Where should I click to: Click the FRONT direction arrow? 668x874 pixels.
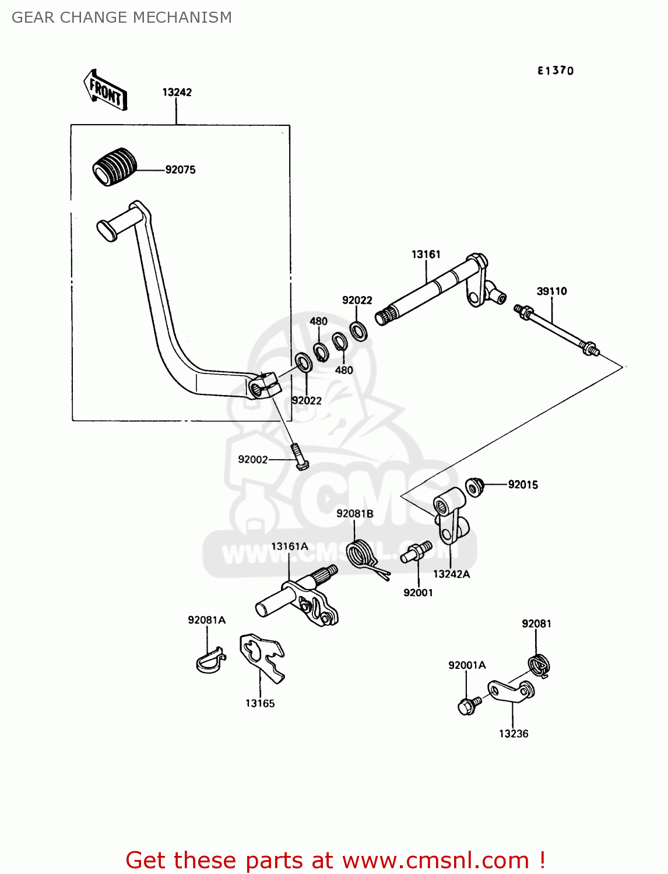pos(106,90)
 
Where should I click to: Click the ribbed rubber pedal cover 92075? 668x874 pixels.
pos(114,167)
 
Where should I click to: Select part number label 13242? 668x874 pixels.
pos(177,92)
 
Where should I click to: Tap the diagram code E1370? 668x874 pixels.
pos(555,71)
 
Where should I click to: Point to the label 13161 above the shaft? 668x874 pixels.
pos(426,254)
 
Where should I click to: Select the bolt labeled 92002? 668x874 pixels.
pos(298,456)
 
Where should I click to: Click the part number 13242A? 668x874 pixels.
pos(451,574)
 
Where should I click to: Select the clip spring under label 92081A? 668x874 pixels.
pos(209,661)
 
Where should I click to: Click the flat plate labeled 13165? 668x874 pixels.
pos(263,657)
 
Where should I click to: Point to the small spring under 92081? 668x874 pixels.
pos(539,665)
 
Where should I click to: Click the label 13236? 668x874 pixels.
pos(513,734)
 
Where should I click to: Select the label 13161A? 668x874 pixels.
pos(289,546)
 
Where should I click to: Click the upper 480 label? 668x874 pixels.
pos(318,321)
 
